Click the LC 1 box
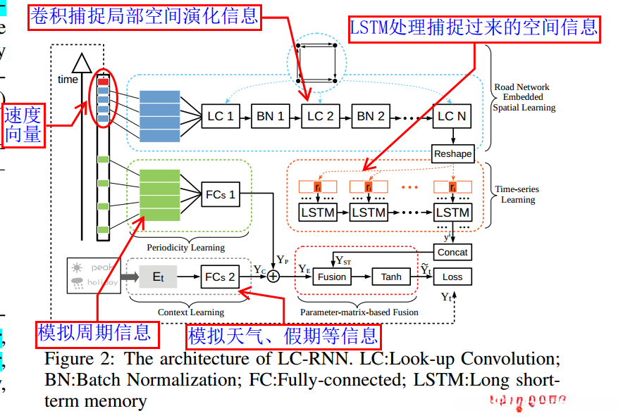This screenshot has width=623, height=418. coord(221,116)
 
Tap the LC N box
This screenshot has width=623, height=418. coord(452,116)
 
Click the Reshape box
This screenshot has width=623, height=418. coord(452,153)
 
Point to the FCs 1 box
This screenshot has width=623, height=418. coord(221,194)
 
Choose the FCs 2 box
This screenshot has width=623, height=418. coord(221,277)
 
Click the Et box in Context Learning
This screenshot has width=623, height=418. coord(159,277)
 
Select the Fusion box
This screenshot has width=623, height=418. coord(332,277)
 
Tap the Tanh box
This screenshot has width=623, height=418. coord(391,277)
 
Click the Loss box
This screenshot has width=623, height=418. coord(452,277)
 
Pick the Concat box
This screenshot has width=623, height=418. coord(452,252)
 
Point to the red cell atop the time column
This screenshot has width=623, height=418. coord(104,82)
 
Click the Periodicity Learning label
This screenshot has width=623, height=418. coord(186,247)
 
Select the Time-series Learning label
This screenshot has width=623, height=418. coord(518,194)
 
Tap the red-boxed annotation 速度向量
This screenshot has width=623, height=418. coord(23,125)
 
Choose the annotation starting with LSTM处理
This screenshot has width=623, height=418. coord(474,27)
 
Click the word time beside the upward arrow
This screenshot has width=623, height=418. coord(68,80)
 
